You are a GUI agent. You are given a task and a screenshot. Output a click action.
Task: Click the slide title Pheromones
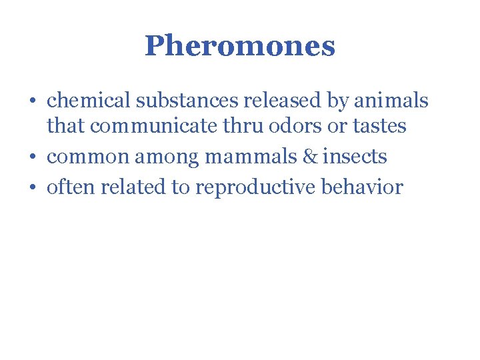click(x=239, y=46)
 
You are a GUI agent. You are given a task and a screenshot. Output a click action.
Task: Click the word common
click(x=88, y=157)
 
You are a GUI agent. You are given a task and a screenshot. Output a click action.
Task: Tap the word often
click(x=69, y=187)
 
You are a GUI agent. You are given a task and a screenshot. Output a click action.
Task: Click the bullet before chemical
click(x=33, y=102)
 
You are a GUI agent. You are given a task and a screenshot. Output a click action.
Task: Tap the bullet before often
click(x=33, y=188)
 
